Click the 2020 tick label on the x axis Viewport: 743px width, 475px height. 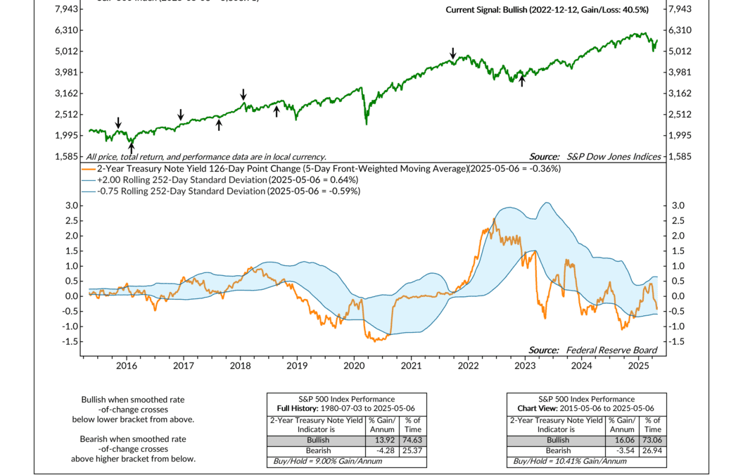[x=354, y=366]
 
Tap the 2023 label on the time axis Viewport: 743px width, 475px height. [x=524, y=366]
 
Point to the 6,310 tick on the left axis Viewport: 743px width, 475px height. [x=68, y=30]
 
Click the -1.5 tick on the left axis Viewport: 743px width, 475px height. [x=65, y=341]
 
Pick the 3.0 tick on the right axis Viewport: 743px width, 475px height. [x=673, y=205]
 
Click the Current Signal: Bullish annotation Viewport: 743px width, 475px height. [x=547, y=10]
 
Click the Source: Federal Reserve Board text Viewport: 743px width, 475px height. [x=592, y=350]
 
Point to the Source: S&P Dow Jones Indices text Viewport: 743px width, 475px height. [x=595, y=157]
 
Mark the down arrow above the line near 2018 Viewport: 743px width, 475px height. [x=243, y=94]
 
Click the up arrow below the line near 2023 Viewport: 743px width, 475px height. [x=522, y=82]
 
